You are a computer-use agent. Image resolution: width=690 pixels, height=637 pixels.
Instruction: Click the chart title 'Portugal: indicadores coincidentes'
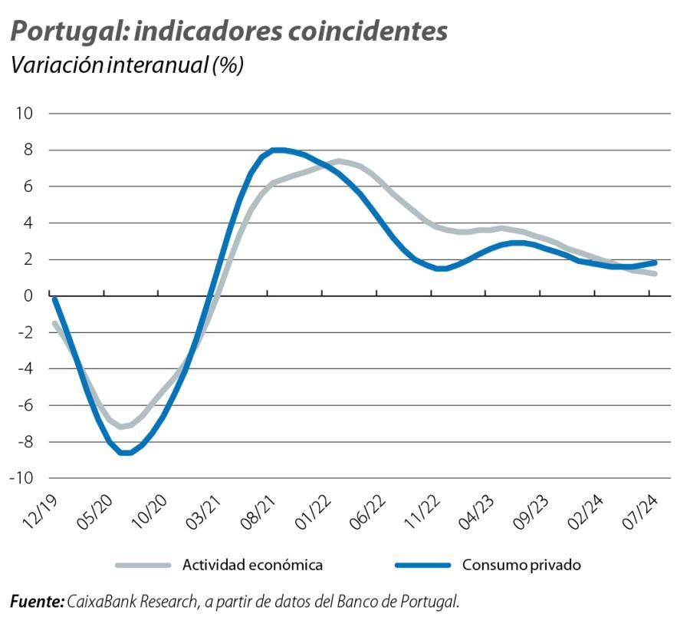click(228, 32)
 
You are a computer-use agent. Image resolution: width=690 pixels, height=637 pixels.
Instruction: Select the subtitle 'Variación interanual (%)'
click(127, 66)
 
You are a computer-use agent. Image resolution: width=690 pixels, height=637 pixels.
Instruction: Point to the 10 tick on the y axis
click(24, 114)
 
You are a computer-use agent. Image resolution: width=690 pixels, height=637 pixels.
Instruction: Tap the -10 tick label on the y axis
click(21, 478)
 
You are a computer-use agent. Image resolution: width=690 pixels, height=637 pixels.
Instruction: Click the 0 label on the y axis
click(28, 295)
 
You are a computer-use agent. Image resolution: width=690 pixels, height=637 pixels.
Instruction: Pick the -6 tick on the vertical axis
click(24, 405)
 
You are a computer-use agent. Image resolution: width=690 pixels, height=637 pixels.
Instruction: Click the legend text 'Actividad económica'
click(252, 566)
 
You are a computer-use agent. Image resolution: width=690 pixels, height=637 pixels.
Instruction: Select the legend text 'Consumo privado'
click(521, 566)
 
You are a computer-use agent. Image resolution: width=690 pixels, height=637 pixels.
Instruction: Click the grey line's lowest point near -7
click(121, 427)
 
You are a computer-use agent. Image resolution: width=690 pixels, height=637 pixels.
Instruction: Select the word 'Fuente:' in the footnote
click(37, 602)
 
